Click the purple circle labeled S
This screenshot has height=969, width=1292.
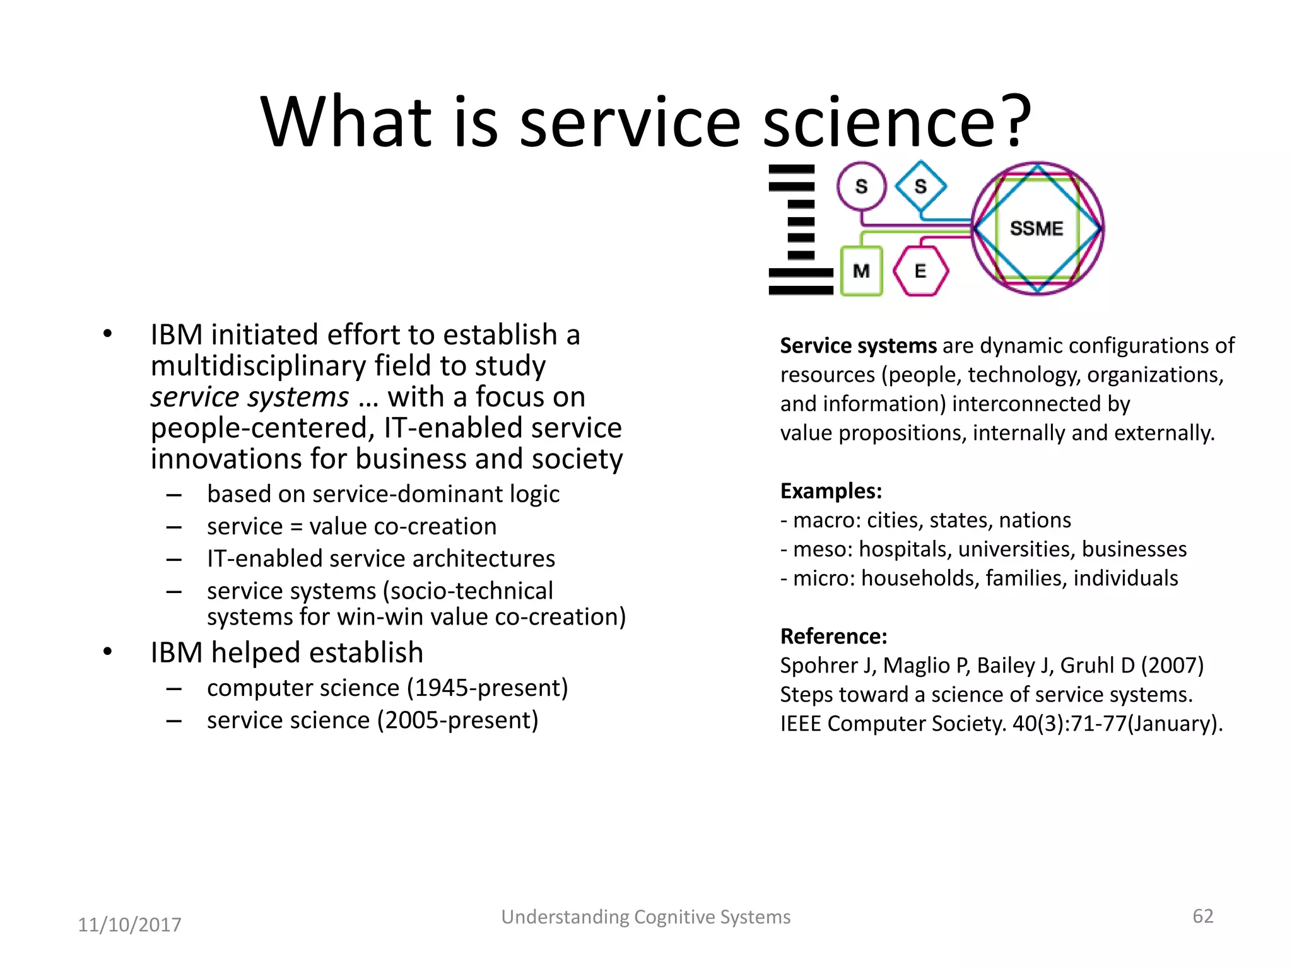(x=861, y=186)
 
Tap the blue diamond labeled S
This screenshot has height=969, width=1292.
(x=920, y=186)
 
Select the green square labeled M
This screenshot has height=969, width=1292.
(x=861, y=271)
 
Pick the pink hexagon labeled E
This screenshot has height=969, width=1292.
(x=920, y=271)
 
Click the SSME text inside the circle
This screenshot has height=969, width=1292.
(x=1037, y=228)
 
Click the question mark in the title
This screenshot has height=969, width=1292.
(x=1017, y=121)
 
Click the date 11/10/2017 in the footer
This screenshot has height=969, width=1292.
(x=129, y=925)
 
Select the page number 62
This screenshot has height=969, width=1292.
(x=1202, y=916)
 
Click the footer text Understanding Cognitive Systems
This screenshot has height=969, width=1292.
(x=645, y=917)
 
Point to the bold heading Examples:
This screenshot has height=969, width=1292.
(x=831, y=491)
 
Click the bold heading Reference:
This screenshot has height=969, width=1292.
(x=833, y=636)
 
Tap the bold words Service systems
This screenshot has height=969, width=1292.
(x=858, y=346)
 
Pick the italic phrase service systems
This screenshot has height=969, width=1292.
(x=249, y=397)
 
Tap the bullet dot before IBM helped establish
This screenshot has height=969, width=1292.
(x=108, y=652)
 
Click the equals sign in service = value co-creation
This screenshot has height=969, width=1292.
(x=296, y=527)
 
